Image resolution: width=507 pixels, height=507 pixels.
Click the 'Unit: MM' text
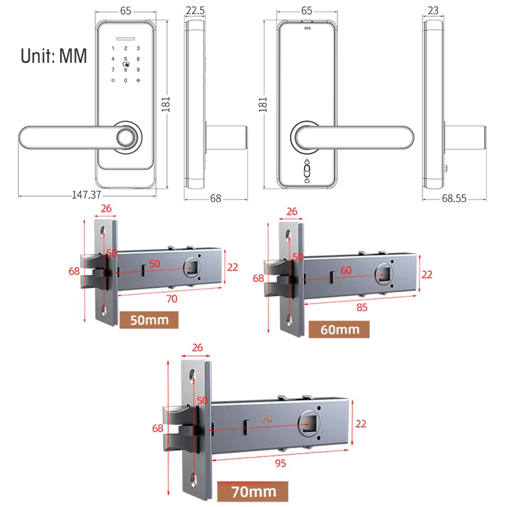click(54, 55)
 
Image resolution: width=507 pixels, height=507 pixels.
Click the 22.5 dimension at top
click(195, 11)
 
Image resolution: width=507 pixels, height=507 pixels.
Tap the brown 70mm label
click(254, 491)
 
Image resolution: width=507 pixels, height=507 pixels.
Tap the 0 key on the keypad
click(125, 80)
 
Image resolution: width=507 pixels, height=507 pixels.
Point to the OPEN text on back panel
click(308, 29)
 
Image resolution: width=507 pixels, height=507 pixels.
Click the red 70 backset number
click(266, 419)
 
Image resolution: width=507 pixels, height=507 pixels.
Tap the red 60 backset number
click(347, 270)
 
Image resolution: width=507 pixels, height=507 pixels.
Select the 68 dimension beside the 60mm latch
click(258, 278)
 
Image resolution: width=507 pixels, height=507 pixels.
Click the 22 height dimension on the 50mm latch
click(233, 267)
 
